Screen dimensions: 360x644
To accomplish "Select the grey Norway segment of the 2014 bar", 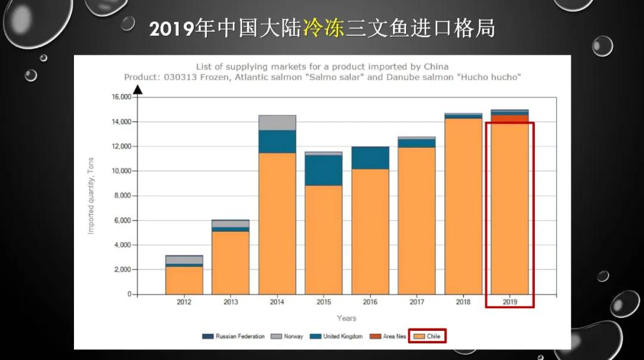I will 277,123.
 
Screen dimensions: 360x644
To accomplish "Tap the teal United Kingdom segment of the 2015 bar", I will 323,170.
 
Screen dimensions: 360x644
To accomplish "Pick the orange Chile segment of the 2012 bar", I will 184,280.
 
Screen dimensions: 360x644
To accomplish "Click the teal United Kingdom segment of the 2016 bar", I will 370,158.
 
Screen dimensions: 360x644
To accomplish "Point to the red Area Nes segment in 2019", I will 509,119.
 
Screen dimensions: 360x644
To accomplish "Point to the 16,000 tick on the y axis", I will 121,97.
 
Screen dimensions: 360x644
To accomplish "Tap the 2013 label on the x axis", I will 230,302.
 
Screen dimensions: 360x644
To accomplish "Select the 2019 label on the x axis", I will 509,302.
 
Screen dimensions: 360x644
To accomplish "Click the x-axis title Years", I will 346,318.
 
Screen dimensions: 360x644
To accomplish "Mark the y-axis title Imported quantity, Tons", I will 91,195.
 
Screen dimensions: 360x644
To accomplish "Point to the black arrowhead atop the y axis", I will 137,90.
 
